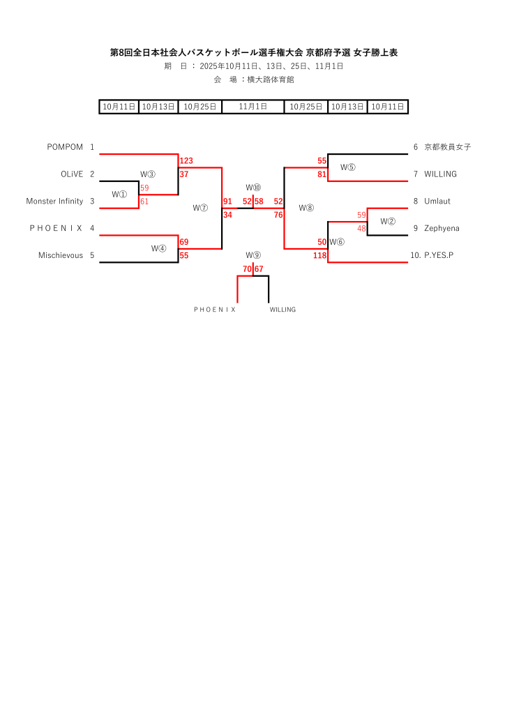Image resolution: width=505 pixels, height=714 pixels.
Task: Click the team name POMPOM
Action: click(65, 147)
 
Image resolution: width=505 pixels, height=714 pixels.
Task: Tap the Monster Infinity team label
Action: click(54, 202)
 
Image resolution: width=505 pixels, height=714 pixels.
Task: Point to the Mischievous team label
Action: click(61, 256)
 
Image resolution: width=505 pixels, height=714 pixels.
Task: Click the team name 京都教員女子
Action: click(447, 147)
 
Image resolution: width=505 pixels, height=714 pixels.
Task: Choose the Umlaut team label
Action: click(437, 202)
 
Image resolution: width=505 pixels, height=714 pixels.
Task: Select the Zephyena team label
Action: click(440, 229)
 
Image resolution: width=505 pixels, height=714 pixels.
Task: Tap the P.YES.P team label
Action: click(439, 256)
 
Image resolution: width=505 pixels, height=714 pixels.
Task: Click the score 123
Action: click(186, 161)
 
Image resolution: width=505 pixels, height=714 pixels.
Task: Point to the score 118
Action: click(320, 256)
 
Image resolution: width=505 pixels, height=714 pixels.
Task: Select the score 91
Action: click(227, 202)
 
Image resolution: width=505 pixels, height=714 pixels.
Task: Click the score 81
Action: click(322, 174)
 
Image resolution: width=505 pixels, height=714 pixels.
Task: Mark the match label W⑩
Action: click(253, 188)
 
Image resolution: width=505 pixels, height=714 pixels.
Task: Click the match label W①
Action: click(119, 195)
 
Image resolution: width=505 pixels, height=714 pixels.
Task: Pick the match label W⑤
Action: click(348, 167)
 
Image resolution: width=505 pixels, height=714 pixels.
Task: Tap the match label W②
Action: click(388, 222)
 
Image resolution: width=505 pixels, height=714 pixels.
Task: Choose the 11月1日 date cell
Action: click(253, 107)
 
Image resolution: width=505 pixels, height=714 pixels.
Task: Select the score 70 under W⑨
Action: click(247, 269)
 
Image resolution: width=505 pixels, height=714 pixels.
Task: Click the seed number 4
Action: click(92, 229)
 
